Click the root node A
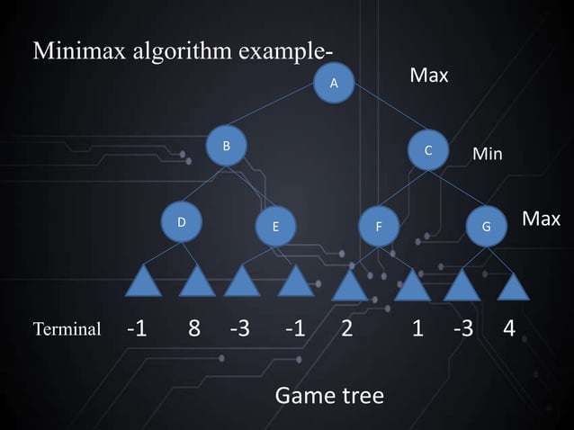tap(334, 83)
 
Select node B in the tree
tap(227, 146)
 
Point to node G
tap(487, 227)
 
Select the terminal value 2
tap(346, 328)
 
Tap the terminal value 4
tap(509, 328)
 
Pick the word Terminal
tap(67, 329)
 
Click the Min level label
tap(488, 155)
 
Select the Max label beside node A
tap(429, 76)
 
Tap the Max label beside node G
tap(541, 219)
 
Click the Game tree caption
tap(328, 395)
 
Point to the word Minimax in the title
tap(75, 50)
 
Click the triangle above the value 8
tap(197, 282)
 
